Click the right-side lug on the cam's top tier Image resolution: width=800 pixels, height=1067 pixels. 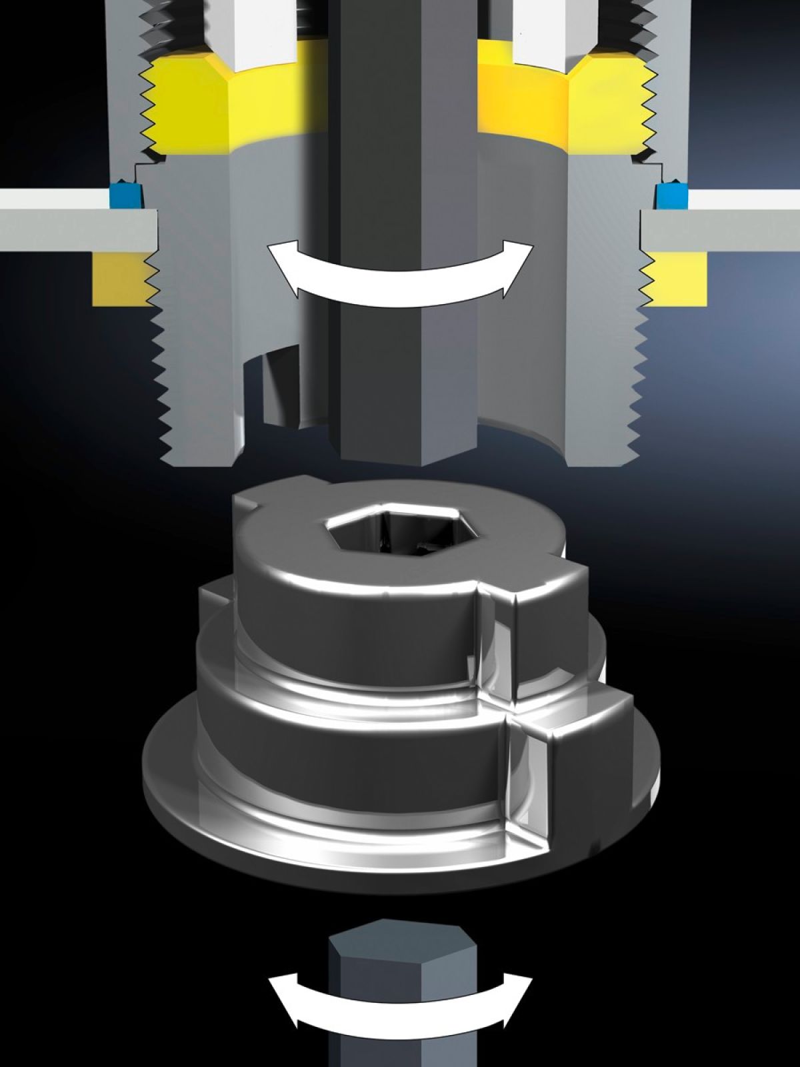click(x=533, y=587)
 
